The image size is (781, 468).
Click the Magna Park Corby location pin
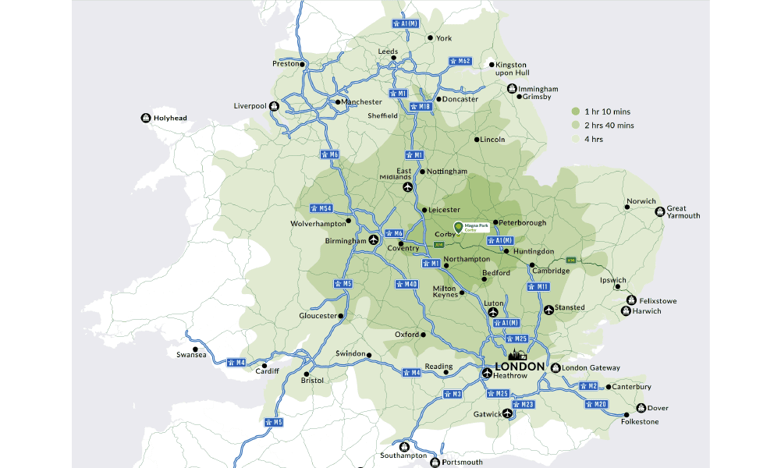click(x=458, y=227)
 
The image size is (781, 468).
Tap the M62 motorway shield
click(x=460, y=61)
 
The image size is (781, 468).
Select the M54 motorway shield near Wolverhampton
click(x=321, y=208)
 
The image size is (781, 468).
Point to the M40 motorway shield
click(x=406, y=284)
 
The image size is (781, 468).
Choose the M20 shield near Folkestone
click(x=597, y=404)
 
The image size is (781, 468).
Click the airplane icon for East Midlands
click(x=407, y=188)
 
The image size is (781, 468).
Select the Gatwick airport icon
click(x=509, y=413)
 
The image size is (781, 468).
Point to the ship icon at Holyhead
click(x=145, y=118)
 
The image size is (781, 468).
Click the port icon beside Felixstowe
click(x=630, y=300)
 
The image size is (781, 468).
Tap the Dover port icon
click(x=641, y=407)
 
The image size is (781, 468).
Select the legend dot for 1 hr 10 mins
click(x=575, y=112)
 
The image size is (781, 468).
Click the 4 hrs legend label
click(x=593, y=139)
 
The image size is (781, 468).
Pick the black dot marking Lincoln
click(x=477, y=140)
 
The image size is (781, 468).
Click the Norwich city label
click(x=641, y=201)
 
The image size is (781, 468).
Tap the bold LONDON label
click(x=520, y=367)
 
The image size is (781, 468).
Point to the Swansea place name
click(x=191, y=355)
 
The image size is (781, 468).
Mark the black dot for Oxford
click(x=424, y=335)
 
